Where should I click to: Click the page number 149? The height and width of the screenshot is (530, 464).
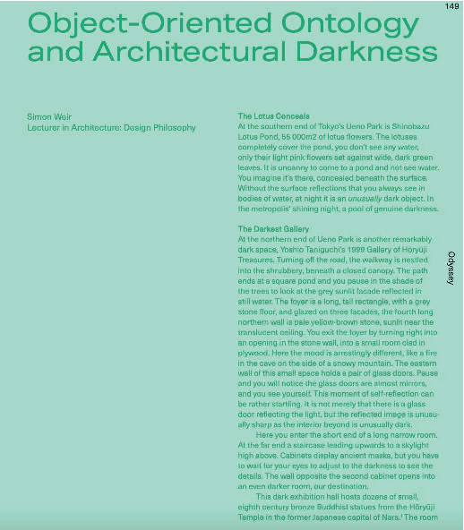point(451,5)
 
